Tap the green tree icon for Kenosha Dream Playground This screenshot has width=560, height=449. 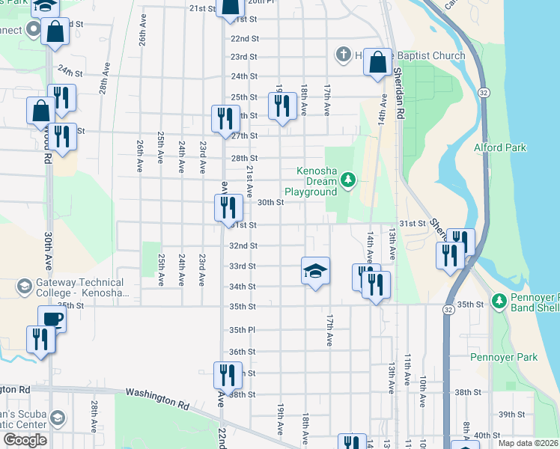point(347,180)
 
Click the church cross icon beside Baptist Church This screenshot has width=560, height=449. point(344,54)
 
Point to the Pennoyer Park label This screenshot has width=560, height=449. point(504,357)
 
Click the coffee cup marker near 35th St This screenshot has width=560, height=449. point(52,320)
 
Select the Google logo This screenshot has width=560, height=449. point(25,440)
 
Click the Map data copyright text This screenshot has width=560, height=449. point(528,443)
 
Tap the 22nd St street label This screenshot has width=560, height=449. point(244,38)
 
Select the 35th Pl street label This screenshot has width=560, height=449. point(243,330)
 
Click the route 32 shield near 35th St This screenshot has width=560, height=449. point(448,309)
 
